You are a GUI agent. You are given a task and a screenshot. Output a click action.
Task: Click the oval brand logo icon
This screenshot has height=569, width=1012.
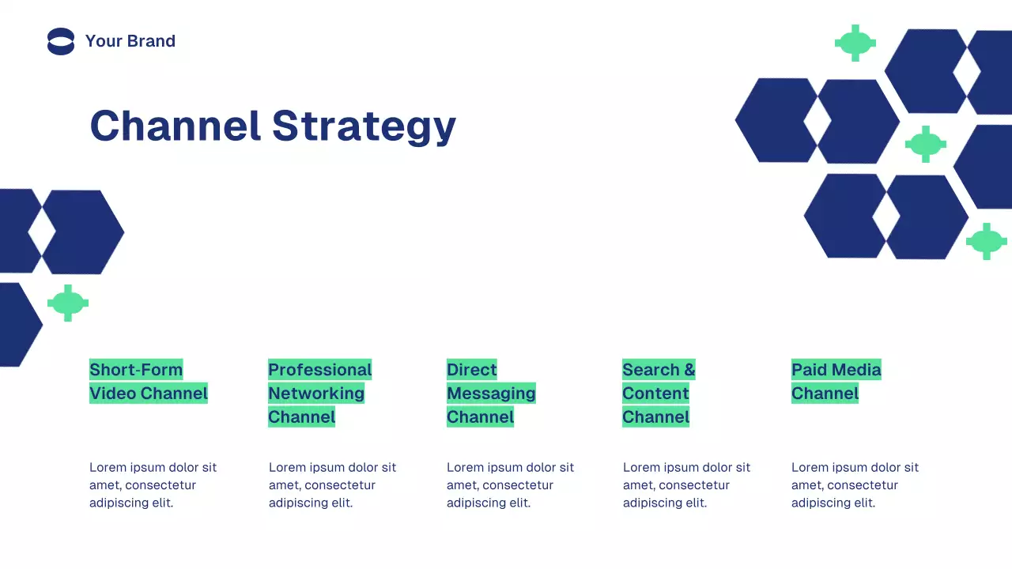point(61,41)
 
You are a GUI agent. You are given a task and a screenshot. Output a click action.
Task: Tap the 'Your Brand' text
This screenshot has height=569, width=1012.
point(130,41)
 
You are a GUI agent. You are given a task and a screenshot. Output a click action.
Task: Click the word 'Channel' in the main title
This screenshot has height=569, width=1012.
point(175,126)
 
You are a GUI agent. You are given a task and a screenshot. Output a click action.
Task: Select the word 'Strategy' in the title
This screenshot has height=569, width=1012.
point(364,126)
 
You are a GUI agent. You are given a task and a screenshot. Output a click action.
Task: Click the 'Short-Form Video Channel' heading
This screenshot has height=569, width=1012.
point(148,382)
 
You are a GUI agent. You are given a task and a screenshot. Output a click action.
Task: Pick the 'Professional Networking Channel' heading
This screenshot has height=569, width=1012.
point(319,394)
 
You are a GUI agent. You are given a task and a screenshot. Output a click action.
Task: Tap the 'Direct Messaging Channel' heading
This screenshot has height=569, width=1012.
point(491,394)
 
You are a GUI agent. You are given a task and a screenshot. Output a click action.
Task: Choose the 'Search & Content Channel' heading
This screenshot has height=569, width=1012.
point(659,394)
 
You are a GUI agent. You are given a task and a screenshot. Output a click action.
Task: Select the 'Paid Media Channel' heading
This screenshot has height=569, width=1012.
point(836,382)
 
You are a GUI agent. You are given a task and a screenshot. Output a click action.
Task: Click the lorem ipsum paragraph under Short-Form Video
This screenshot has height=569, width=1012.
point(153,485)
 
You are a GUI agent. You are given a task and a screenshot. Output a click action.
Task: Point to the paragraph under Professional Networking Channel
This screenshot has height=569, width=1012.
point(332,485)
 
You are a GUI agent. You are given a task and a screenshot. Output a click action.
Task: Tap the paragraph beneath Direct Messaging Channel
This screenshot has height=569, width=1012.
point(510,485)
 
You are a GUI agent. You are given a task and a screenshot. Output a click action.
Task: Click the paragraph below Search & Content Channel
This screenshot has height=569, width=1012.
point(686,485)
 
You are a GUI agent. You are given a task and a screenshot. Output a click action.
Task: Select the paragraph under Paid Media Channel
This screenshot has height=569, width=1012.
point(855,485)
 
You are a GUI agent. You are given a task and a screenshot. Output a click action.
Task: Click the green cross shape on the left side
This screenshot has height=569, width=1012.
point(68,303)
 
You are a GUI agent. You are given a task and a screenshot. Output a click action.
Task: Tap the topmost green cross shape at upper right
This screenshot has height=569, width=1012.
point(855,43)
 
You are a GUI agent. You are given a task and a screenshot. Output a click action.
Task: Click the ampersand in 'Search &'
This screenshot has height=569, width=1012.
point(689,370)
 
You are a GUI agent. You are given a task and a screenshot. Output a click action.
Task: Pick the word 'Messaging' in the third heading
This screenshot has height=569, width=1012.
point(491,394)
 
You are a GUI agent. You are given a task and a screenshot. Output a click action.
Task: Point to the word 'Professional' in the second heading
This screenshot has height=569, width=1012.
point(319,370)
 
